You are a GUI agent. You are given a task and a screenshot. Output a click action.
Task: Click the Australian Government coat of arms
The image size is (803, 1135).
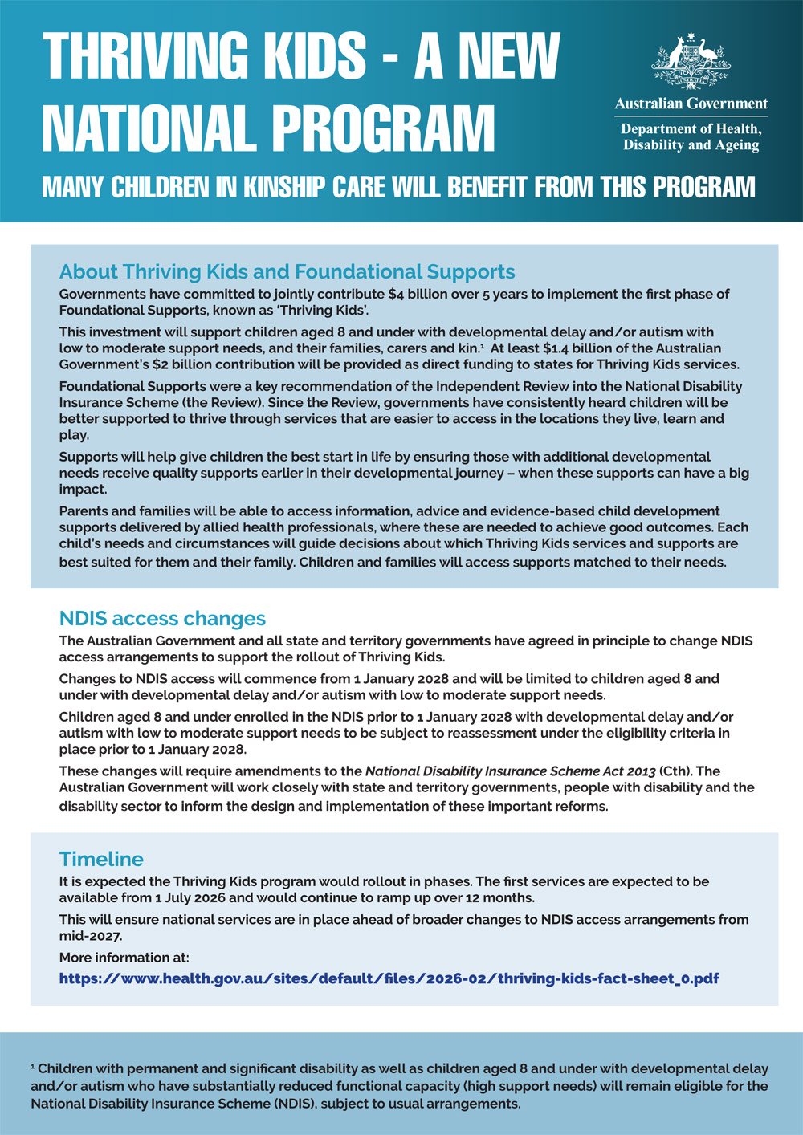(691, 60)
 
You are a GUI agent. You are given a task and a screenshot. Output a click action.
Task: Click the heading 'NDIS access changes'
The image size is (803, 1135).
(162, 619)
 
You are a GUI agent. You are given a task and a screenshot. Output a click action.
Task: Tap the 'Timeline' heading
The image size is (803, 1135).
(101, 859)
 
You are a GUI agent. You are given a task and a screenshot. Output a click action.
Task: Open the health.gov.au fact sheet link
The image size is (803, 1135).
(389, 978)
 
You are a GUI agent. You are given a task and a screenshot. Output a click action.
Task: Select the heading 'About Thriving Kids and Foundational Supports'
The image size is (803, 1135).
(287, 272)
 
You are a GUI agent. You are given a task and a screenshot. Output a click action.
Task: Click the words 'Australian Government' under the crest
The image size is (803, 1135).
(691, 104)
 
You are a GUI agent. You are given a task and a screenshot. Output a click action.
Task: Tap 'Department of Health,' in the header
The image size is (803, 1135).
(691, 129)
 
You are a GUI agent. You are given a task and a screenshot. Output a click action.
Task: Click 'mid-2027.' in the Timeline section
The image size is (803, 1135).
(91, 935)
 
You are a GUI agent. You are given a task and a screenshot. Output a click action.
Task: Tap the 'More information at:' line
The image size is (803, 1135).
(124, 958)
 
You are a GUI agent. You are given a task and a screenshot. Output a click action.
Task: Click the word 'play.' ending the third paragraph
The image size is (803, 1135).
(74, 435)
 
